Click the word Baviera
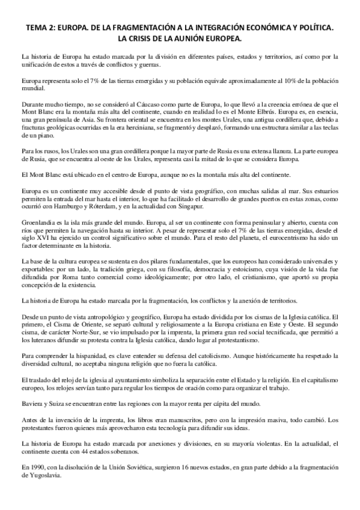[x=32, y=405]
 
